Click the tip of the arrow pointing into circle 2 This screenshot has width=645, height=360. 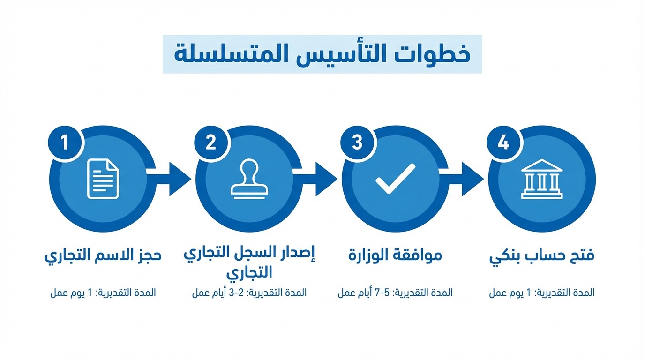[x=191, y=179]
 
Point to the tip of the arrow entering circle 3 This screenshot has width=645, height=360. [x=337, y=179]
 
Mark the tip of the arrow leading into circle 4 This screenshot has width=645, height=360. [x=484, y=179]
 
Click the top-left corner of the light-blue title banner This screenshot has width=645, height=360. [x=163, y=35]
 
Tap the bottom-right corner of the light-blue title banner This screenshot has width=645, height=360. [x=482, y=73]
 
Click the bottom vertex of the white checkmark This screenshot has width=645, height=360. [x=389, y=192]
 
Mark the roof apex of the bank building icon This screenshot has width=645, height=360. [x=542, y=159]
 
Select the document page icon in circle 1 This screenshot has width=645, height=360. [x=103, y=179]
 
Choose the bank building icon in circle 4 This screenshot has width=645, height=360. [x=542, y=179]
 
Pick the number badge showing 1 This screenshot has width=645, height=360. [x=65, y=142]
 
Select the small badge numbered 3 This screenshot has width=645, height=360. [x=357, y=142]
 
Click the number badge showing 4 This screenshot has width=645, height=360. [x=503, y=142]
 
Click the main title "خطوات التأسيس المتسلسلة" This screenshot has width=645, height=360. [x=322, y=54]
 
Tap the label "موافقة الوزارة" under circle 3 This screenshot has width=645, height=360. [x=395, y=255]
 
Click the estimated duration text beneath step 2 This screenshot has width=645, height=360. [x=249, y=293]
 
